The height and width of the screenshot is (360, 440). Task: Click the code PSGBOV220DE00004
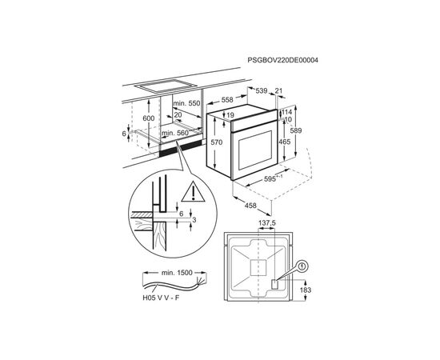(282, 60)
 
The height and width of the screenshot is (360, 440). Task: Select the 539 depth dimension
(262, 90)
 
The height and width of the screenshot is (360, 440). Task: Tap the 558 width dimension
(227, 100)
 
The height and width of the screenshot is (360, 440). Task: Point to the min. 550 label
(186, 103)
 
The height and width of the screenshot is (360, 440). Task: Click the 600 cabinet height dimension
(149, 118)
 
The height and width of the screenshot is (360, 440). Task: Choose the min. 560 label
(175, 133)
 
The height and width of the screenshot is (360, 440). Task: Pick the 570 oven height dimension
(216, 142)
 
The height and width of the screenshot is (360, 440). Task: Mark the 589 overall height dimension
(296, 130)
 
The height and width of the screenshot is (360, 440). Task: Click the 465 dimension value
(284, 142)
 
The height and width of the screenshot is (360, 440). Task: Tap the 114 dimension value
(286, 112)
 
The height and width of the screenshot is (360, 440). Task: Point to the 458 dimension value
(250, 206)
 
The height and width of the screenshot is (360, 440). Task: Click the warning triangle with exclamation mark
(193, 192)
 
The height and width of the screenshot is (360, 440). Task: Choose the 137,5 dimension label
(267, 223)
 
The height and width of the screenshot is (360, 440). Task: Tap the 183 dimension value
(306, 290)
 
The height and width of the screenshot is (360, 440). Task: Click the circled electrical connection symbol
(302, 266)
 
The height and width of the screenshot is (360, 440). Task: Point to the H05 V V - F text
(161, 298)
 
